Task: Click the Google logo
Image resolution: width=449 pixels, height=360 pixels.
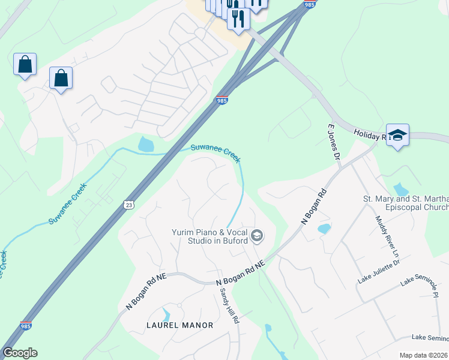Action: [x=20, y=353]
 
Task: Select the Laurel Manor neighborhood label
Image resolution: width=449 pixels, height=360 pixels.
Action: [x=180, y=325]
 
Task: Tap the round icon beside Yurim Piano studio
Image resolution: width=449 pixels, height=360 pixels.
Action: [x=257, y=236]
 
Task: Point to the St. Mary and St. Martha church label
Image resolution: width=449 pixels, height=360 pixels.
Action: [x=406, y=203]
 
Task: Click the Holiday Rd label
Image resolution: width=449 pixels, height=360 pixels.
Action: [x=367, y=135]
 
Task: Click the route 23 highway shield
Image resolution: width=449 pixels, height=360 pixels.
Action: [x=129, y=205]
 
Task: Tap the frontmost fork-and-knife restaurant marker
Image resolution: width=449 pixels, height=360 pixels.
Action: [x=238, y=19]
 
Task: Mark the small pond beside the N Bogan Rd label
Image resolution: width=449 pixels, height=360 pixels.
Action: [x=324, y=229]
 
